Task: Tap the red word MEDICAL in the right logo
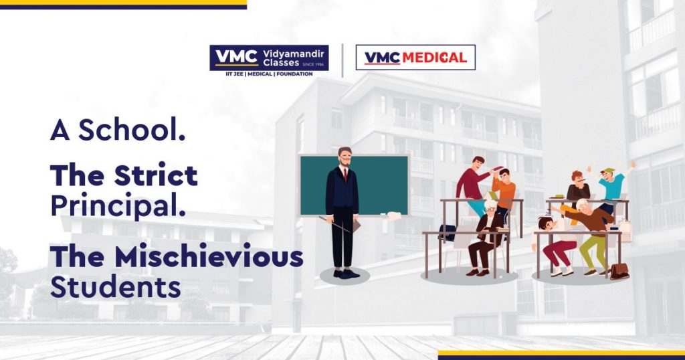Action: pos(434,58)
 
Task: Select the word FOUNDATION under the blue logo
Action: pos(294,74)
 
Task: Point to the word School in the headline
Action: pos(132,130)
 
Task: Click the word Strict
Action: pos(155,175)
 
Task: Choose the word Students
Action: pos(116,286)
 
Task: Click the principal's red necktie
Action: pos(345,175)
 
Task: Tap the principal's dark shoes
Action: pos(346,274)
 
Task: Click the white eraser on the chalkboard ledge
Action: pos(394,216)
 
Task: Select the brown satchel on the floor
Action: pos(619,271)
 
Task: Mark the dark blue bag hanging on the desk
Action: pos(448,232)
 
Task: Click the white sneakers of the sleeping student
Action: pos(561,271)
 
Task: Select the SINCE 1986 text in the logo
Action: pos(313,64)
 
